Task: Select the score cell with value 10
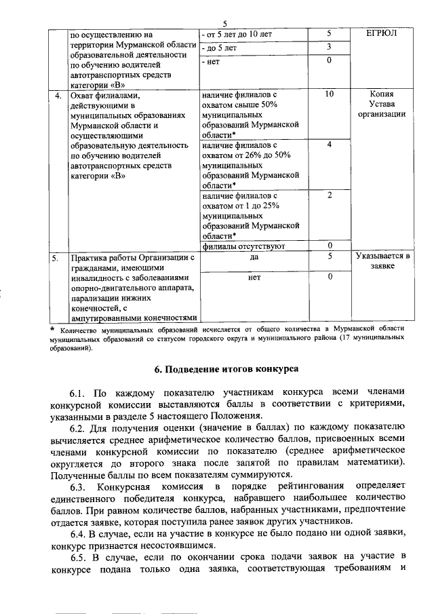pos(329,94)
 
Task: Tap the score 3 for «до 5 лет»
pos(329,47)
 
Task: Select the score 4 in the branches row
pos(329,145)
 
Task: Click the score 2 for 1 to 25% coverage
pos(329,195)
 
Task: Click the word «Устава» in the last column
pos(382,104)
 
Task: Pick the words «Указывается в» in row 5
pos(382,257)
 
